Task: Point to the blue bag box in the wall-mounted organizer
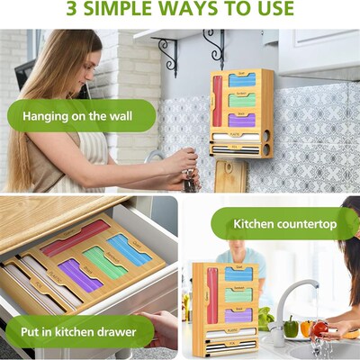coord(242,80)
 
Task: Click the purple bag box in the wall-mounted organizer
coord(242,120)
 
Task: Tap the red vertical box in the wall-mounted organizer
coord(217,102)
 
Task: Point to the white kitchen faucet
coord(297,301)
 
